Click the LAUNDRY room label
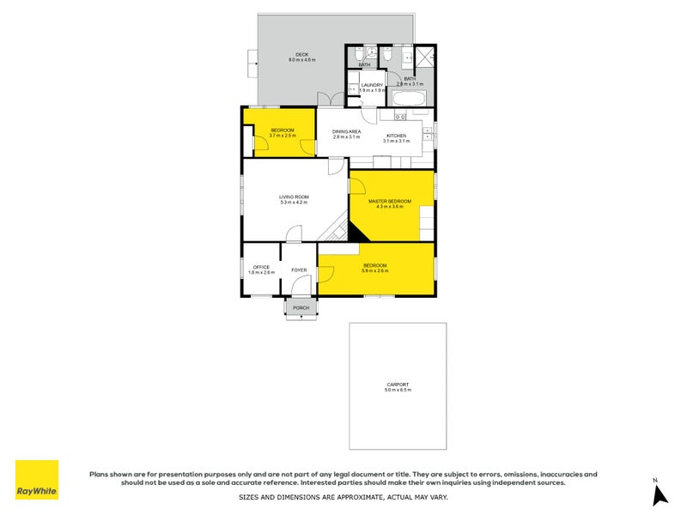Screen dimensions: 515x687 pyautogui.click(x=371, y=85)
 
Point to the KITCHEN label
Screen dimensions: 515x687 pyautogui.click(x=395, y=136)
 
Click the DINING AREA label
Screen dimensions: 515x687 pyautogui.click(x=346, y=131)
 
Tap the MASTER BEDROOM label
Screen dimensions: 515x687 pyautogui.click(x=389, y=201)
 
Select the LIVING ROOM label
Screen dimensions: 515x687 pyautogui.click(x=293, y=197)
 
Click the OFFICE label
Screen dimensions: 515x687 pyautogui.click(x=261, y=267)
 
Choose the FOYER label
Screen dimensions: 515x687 pyautogui.click(x=299, y=270)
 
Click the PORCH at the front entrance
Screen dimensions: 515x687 pyautogui.click(x=301, y=307)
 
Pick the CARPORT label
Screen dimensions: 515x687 pyautogui.click(x=398, y=384)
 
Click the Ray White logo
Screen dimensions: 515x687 pyautogui.click(x=37, y=480)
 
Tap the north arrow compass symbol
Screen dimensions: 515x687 pyautogui.click(x=659, y=495)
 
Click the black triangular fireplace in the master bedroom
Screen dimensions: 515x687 pyautogui.click(x=354, y=232)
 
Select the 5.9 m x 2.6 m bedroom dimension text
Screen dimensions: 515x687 pyautogui.click(x=374, y=271)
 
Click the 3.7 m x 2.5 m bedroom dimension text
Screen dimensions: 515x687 pyautogui.click(x=282, y=136)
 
